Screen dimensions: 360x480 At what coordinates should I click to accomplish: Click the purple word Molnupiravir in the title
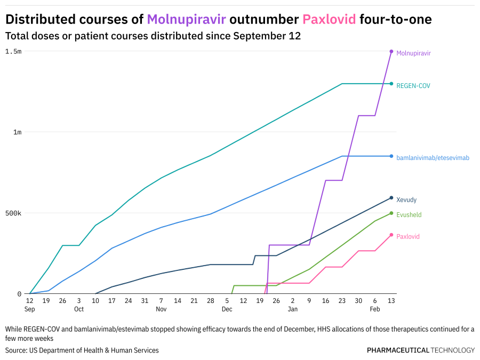pyautogui.click(x=186, y=20)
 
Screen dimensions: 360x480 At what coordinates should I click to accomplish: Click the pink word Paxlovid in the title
pyautogui.click(x=329, y=20)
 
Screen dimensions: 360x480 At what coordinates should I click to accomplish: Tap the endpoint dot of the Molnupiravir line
pyautogui.click(x=391, y=52)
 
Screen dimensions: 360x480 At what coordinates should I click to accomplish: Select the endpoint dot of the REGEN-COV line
pyautogui.click(x=391, y=84)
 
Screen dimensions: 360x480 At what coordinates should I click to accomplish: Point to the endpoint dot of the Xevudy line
pyautogui.click(x=391, y=198)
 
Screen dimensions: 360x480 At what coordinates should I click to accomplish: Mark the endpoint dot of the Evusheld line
pyautogui.click(x=391, y=213)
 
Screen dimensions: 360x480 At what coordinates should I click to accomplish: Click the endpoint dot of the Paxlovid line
pyautogui.click(x=391, y=235)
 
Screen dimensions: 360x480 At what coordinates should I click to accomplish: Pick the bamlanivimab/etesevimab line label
pyautogui.click(x=433, y=158)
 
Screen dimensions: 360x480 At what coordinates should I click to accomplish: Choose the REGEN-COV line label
pyautogui.click(x=413, y=86)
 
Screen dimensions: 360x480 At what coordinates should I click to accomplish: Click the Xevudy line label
pyautogui.click(x=406, y=200)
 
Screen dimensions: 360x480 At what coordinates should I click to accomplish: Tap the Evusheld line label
pyautogui.click(x=409, y=215)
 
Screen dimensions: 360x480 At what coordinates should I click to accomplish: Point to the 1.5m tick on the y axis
pyautogui.click(x=13, y=51)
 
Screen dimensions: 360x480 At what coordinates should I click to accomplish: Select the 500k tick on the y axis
pyautogui.click(x=13, y=213)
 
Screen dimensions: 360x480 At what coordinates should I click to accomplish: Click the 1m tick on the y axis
pyautogui.click(x=17, y=132)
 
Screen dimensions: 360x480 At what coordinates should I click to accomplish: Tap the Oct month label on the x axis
pyautogui.click(x=79, y=309)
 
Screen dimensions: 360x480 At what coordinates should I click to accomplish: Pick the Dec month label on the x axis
pyautogui.click(x=227, y=309)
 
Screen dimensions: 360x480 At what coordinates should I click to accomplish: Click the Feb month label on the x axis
pyautogui.click(x=375, y=309)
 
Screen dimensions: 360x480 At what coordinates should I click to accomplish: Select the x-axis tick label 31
pyautogui.click(x=145, y=301)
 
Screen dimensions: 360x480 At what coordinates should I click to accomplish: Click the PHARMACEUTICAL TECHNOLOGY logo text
pyautogui.click(x=420, y=350)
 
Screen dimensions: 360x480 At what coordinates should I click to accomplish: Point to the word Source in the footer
pyautogui.click(x=16, y=350)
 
